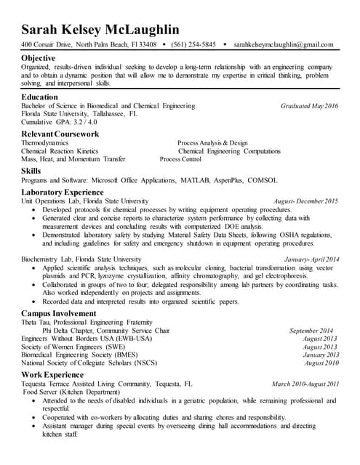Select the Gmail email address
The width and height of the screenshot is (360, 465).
284,45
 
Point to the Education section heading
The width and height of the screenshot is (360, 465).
40,96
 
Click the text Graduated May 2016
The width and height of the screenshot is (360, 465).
309,106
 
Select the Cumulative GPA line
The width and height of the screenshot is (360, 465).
61,122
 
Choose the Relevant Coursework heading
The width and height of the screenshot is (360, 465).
60,134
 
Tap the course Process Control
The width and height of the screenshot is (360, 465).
180,159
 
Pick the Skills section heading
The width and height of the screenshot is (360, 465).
32,171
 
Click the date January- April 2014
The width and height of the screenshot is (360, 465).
312,259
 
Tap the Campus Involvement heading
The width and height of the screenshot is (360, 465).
60,313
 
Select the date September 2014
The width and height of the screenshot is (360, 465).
313,331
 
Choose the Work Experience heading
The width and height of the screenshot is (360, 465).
53,374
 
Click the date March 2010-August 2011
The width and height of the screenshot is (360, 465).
305,383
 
